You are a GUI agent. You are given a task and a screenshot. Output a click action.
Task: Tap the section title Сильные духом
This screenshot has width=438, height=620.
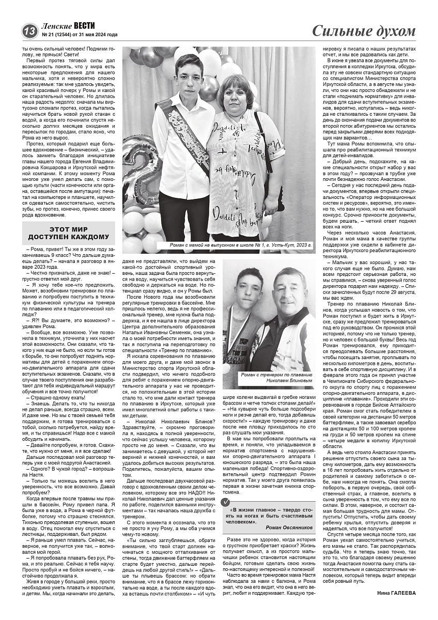[x=364, y=30]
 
